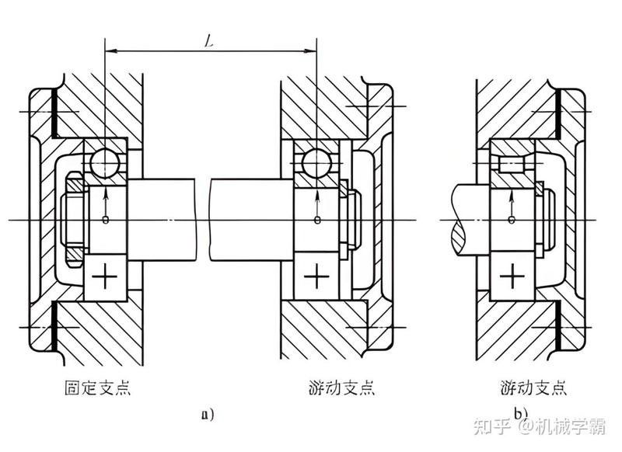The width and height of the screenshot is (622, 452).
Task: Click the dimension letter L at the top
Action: (209, 42)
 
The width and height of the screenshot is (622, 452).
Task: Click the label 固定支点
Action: (98, 388)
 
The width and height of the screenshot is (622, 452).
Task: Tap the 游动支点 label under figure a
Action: (341, 388)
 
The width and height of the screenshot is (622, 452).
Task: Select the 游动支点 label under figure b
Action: (533, 388)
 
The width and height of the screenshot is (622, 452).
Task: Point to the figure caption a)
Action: (208, 415)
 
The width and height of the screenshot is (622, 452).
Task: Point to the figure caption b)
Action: (521, 414)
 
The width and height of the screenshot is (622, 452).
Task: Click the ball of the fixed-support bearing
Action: (105, 162)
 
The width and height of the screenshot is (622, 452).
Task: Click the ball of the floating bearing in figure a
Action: (316, 162)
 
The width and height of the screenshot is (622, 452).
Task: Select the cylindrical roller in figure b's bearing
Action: (512, 164)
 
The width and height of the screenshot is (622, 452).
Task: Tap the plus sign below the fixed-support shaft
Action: (105, 276)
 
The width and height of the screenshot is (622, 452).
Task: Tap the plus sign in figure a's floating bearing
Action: (316, 276)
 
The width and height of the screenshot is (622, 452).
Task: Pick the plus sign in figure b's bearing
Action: (512, 276)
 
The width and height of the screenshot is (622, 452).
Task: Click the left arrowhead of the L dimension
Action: (110, 50)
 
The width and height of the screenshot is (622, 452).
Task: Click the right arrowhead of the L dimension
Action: (310, 50)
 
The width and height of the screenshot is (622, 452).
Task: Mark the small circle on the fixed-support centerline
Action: (105, 220)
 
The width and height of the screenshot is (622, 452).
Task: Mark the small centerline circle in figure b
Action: (512, 220)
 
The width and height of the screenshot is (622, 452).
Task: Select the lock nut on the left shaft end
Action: (74, 219)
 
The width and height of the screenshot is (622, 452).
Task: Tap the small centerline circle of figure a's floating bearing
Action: (316, 220)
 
